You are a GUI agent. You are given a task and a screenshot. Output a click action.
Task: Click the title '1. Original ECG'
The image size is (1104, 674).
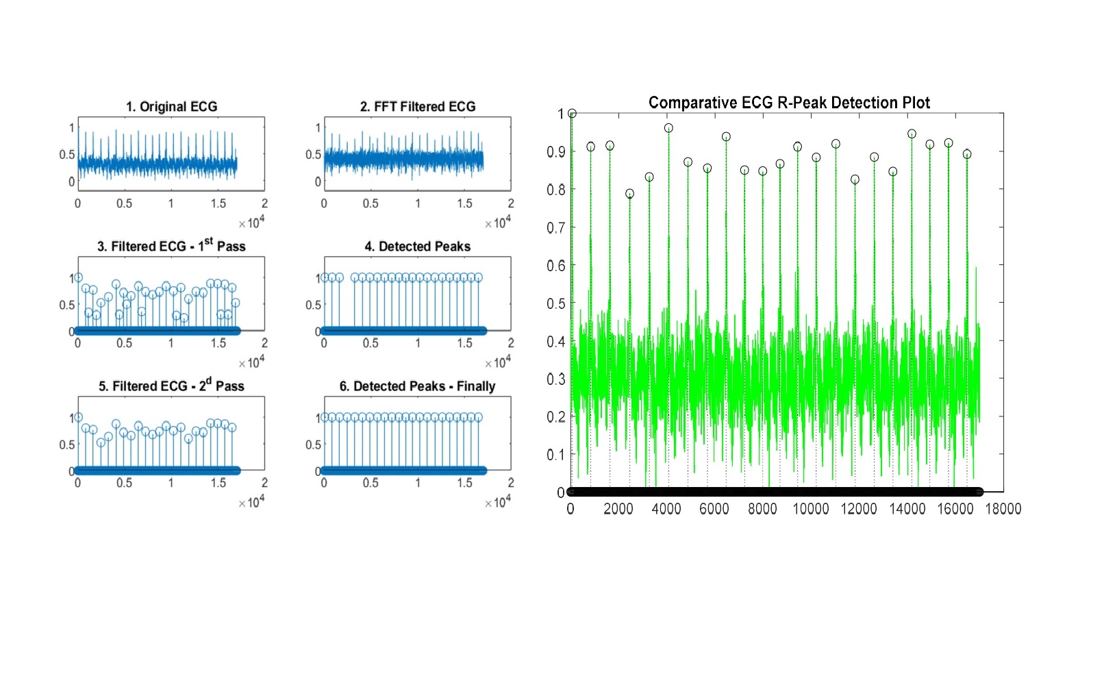click(171, 107)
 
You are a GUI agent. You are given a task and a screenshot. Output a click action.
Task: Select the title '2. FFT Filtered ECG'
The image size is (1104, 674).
click(418, 107)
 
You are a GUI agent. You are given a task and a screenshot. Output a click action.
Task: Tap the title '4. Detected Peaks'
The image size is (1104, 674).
click(418, 247)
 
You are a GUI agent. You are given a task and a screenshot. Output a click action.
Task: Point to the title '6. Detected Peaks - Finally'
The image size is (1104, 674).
click(418, 386)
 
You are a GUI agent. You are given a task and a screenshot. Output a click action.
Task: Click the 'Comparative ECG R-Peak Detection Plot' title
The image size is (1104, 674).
click(789, 103)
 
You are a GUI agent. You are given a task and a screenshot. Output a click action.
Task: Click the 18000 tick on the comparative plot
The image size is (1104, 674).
click(1003, 509)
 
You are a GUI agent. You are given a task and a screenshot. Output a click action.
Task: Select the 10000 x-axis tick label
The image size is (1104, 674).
click(811, 509)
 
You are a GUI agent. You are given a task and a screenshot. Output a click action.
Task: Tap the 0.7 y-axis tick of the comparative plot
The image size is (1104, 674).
click(556, 227)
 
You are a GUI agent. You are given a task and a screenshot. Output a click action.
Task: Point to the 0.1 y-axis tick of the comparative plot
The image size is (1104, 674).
click(556, 454)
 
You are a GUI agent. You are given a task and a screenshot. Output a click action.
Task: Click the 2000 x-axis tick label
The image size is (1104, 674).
click(618, 509)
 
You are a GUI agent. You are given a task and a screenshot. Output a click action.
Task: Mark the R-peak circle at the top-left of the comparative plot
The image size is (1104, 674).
click(573, 114)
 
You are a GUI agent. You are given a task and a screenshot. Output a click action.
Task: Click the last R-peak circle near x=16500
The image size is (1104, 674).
click(967, 154)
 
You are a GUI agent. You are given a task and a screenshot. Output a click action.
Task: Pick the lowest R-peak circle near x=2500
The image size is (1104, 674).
click(630, 194)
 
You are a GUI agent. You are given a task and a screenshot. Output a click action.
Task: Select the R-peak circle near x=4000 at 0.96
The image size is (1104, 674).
click(668, 128)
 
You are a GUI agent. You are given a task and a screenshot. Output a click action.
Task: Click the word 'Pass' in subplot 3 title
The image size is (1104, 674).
click(231, 247)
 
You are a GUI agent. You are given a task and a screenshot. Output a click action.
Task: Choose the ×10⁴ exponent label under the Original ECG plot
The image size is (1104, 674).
click(251, 223)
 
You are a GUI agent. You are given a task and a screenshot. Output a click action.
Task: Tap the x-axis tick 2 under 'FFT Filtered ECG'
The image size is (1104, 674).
click(511, 203)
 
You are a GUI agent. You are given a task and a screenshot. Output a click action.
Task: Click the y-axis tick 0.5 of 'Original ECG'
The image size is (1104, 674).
click(66, 155)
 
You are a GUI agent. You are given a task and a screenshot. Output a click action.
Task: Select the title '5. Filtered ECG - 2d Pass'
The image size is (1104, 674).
click(171, 386)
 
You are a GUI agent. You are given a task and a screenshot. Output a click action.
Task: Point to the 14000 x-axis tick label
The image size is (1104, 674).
click(907, 509)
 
